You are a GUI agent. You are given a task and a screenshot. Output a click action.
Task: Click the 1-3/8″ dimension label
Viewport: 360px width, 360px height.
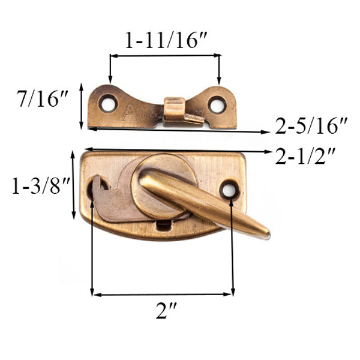[x=36, y=187]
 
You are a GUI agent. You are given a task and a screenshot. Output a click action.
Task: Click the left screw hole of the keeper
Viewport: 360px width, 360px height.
[x=107, y=103]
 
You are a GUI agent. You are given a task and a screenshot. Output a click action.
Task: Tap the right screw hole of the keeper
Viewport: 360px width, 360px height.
[x=217, y=103]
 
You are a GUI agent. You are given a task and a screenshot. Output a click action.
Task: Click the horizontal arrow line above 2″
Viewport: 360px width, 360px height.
[x=162, y=294]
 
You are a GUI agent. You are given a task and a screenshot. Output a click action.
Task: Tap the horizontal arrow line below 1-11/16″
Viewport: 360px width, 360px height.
[x=164, y=56]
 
